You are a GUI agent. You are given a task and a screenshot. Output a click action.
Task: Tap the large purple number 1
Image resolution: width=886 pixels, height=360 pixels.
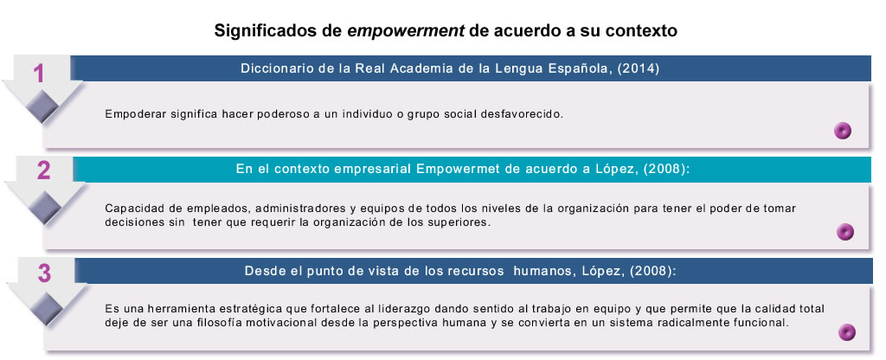[38, 74]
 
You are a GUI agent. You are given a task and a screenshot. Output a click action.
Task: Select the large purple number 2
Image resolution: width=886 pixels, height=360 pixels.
[43, 170]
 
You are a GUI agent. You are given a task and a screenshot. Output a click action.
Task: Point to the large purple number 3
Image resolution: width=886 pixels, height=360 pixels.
[44, 273]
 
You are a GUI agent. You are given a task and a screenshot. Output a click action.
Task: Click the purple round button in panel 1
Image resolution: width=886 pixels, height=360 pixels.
[843, 132]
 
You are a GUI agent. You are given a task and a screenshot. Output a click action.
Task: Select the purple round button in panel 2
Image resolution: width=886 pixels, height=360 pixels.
[844, 232]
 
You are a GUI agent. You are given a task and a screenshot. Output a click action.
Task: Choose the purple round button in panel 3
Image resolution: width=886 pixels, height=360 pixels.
[846, 332]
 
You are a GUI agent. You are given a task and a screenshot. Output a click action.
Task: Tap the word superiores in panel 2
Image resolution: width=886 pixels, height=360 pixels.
[463, 222]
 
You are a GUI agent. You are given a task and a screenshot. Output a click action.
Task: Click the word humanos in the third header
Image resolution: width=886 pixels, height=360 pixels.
[543, 271]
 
